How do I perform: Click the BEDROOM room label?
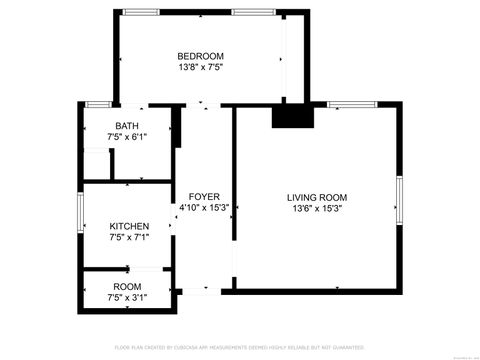(200, 56)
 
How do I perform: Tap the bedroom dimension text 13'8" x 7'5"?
(200, 69)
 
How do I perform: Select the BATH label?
(126, 126)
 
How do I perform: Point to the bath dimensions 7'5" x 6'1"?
(127, 138)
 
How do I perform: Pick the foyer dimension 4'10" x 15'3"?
(204, 208)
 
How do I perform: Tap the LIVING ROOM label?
(317, 197)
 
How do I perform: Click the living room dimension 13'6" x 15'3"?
(317, 209)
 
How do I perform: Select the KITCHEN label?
(129, 227)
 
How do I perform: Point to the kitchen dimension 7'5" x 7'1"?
(129, 239)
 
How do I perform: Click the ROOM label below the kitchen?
(127, 287)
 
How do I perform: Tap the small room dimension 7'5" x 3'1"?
(128, 298)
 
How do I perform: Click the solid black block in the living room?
(293, 116)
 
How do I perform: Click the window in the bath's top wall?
(98, 104)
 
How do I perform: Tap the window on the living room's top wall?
(347, 104)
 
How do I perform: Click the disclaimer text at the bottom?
(239, 347)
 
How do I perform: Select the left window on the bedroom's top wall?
(140, 11)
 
